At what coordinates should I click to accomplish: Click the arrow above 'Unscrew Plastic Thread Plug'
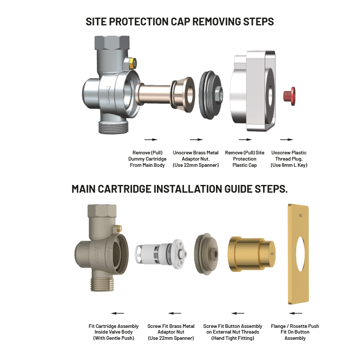(x=287, y=140)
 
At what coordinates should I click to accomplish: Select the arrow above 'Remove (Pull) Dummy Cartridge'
(x=150, y=140)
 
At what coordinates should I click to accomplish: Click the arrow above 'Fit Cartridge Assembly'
(x=118, y=313)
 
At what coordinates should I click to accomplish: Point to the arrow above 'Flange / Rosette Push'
(x=295, y=313)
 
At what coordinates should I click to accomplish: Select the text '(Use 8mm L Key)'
(x=289, y=165)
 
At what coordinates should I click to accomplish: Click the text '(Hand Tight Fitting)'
(x=232, y=338)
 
